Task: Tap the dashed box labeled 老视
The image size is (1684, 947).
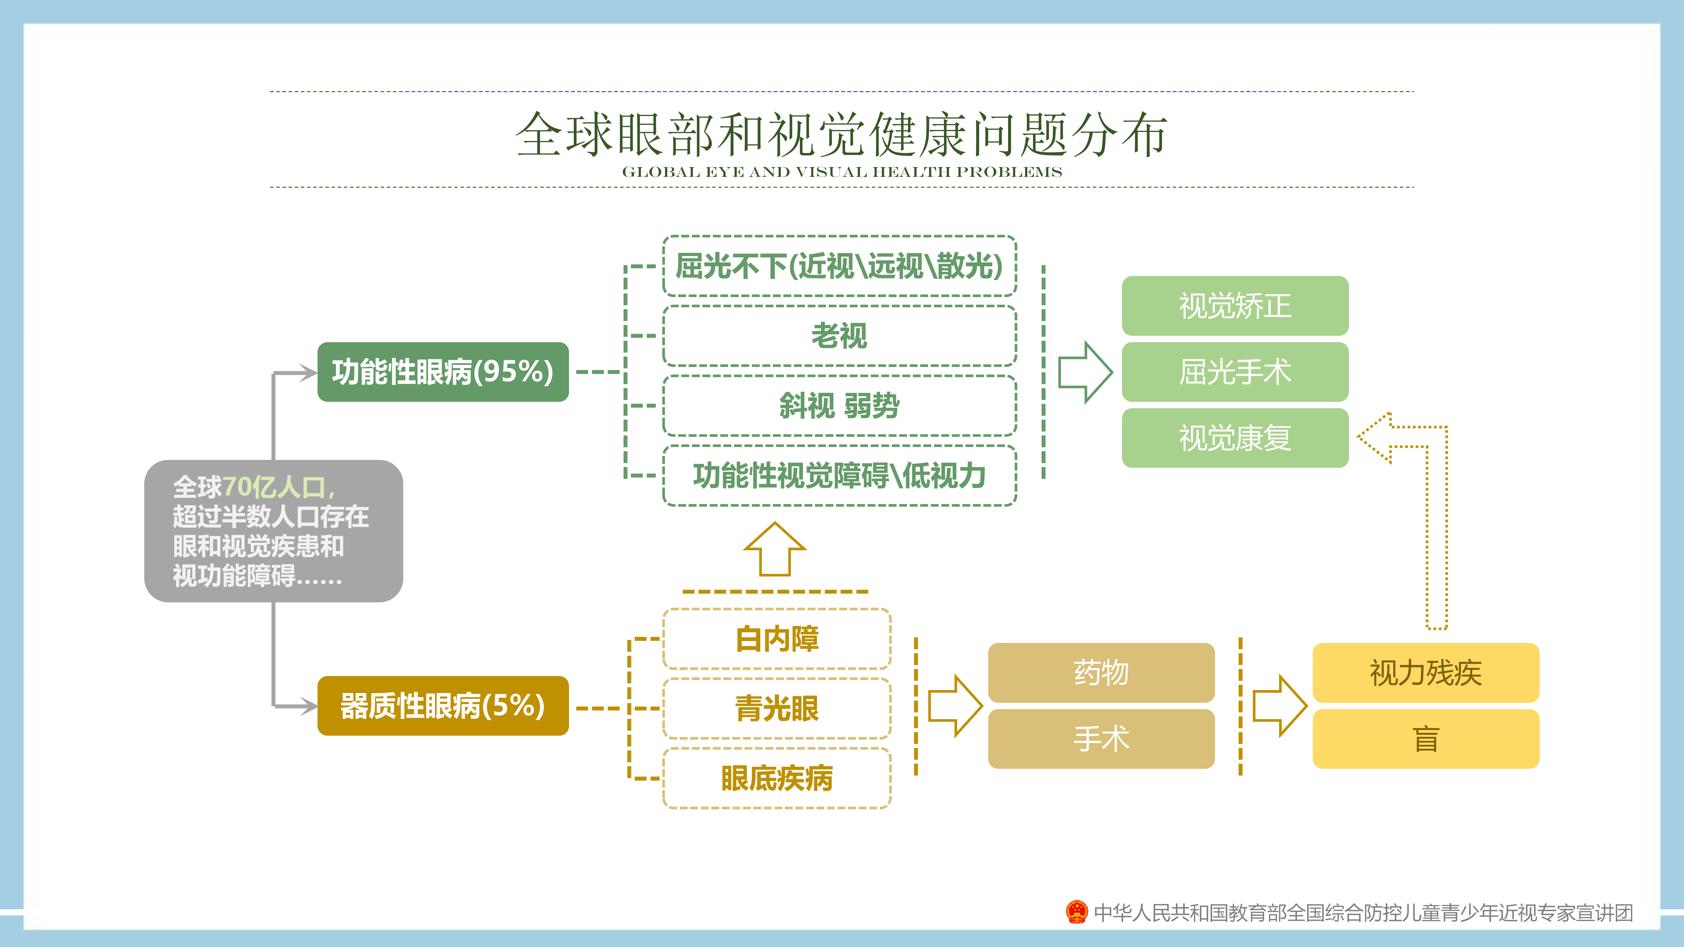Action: pyautogui.click(x=839, y=336)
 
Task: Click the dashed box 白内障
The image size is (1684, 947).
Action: pyautogui.click(x=777, y=639)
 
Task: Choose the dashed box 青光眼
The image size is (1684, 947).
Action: pyautogui.click(x=777, y=708)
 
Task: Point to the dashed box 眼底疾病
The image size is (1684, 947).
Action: pyautogui.click(x=777, y=778)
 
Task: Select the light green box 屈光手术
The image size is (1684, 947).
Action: pyautogui.click(x=1235, y=372)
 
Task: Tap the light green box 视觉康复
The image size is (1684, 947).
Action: pyautogui.click(x=1235, y=438)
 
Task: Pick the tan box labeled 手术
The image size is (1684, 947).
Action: pyautogui.click(x=1101, y=739)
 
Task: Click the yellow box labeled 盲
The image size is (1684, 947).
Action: pyautogui.click(x=1426, y=739)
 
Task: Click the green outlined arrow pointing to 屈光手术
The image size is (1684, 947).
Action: pyautogui.click(x=1085, y=372)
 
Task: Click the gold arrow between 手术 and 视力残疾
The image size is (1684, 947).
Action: pyautogui.click(x=1279, y=706)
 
